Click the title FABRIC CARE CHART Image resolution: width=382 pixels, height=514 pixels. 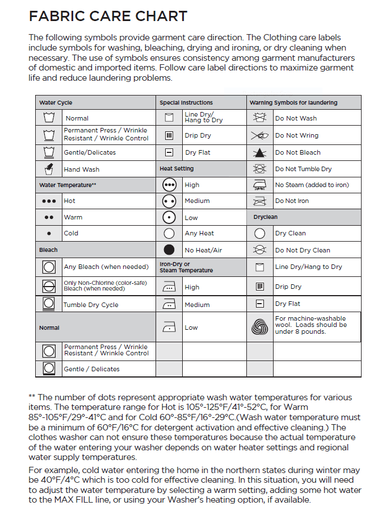coord(108,16)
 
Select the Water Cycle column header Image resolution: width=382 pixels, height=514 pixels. coord(56,103)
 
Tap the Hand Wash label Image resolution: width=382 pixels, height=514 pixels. coord(81,169)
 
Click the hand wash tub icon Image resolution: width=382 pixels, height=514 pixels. coord(49,169)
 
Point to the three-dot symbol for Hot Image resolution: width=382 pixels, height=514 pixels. coord(49,201)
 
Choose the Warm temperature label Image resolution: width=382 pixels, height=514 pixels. coord(73,217)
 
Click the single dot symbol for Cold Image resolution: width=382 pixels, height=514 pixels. coord(49,233)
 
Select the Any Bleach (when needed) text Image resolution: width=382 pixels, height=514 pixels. coord(106,267)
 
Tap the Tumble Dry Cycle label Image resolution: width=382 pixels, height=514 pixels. coord(91,305)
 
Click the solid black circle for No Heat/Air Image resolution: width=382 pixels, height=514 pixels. coord(169,250)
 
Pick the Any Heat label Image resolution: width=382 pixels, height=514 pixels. coord(199,234)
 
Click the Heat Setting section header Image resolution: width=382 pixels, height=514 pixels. coord(177,169)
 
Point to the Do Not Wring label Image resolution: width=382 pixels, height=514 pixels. coord(296,136)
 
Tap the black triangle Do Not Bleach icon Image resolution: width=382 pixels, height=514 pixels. coord(259,152)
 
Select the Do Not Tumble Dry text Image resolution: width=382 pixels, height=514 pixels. coord(303,169)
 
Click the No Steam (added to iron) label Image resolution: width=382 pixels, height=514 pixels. coord(312,185)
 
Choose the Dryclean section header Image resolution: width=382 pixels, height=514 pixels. coord(265,217)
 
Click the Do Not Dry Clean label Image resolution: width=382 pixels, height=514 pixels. coord(302,250)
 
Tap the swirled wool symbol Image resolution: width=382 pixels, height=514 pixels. coord(259,326)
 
